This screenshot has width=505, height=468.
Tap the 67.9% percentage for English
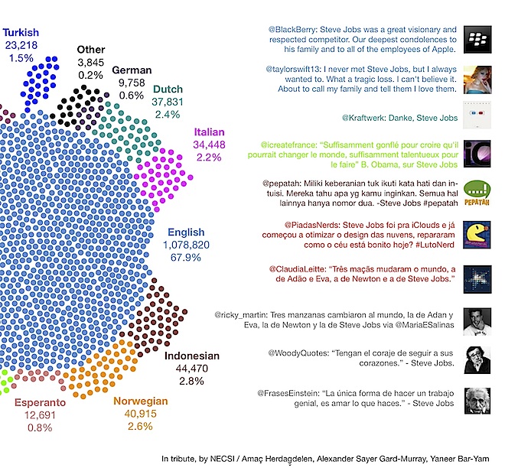pyautogui.click(x=184, y=258)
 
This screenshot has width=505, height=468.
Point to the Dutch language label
pyautogui.click(x=168, y=89)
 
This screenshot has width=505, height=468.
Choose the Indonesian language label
pyautogui.click(x=191, y=356)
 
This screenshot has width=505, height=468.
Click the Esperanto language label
pyautogui.click(x=40, y=401)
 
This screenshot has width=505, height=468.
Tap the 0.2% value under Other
pyautogui.click(x=91, y=75)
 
